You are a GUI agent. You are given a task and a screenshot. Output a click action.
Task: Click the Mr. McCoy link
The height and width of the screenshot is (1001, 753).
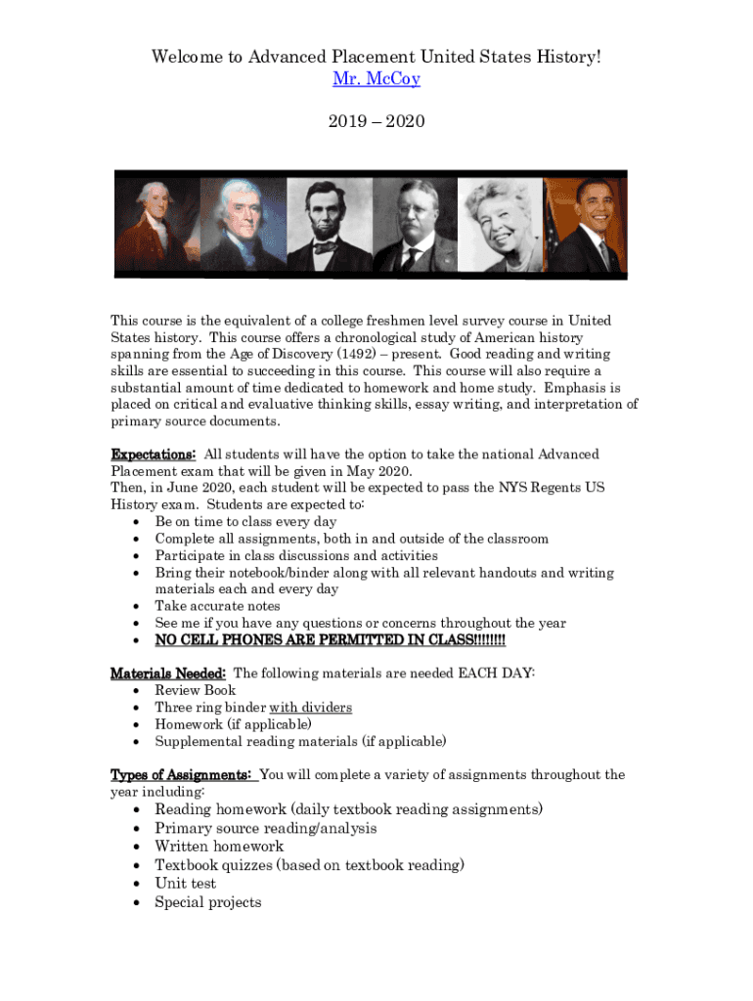coord(376,78)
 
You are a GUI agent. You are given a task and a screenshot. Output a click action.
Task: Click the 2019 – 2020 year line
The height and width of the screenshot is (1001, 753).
coord(376,122)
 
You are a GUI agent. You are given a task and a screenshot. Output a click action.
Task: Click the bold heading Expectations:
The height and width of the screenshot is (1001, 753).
coord(153,455)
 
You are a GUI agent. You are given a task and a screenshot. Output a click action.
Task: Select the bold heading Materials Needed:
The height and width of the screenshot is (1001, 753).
coord(168,674)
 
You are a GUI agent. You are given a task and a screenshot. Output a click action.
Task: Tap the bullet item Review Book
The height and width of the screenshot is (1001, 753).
coord(195,690)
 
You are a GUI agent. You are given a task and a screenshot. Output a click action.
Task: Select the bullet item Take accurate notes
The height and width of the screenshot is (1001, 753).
coord(217,606)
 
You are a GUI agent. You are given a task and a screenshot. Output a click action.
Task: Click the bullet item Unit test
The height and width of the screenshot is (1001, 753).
coord(185,884)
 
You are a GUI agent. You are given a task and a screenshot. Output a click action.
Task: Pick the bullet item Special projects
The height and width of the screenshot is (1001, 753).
coord(207,902)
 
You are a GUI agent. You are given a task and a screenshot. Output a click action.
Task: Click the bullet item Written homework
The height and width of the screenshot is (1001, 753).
coord(219,847)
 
